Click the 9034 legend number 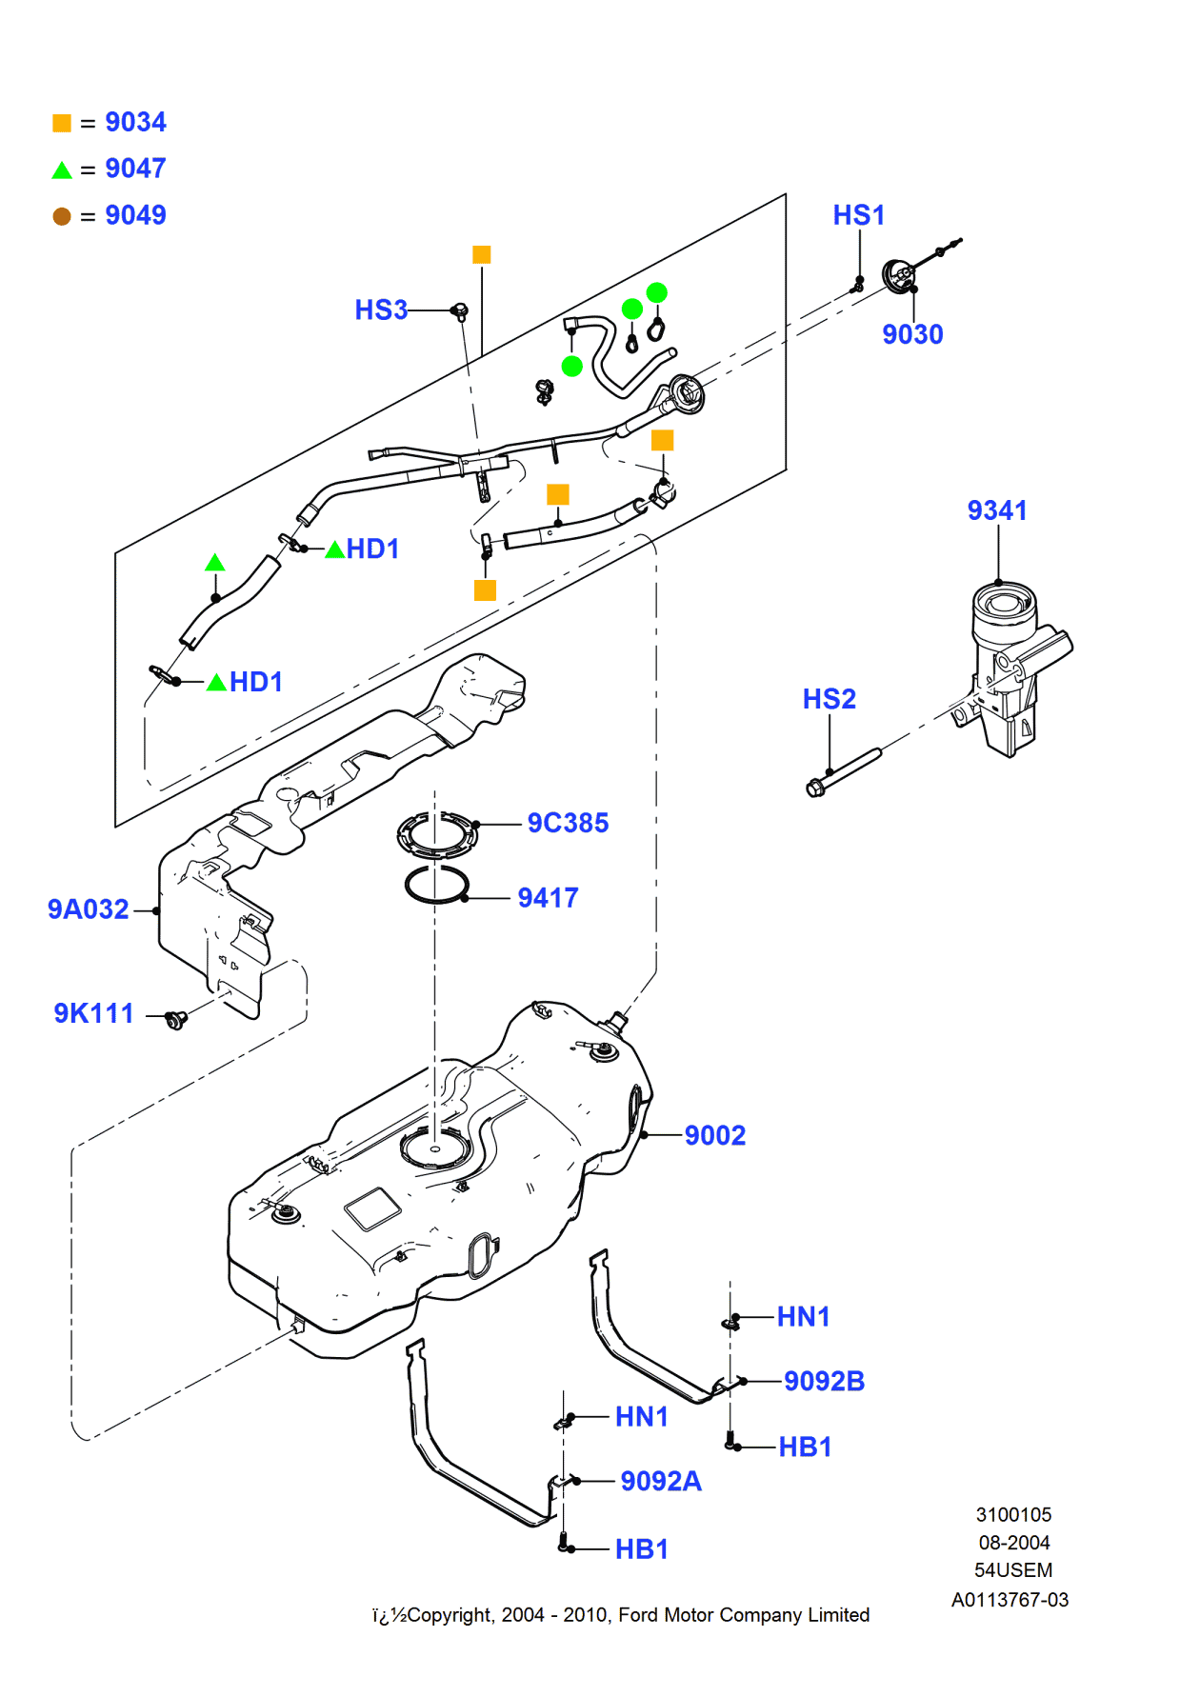click(135, 122)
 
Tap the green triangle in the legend click(62, 170)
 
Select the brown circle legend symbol click(62, 216)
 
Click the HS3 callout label click(380, 310)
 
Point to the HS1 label click(858, 215)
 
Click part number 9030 click(911, 334)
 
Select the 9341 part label click(996, 510)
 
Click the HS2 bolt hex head click(815, 789)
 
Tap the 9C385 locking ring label click(568, 823)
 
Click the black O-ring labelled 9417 click(436, 886)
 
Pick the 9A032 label click(88, 909)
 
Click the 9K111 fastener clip click(175, 1020)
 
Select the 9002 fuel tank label click(714, 1135)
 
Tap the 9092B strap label click(823, 1381)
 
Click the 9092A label click(660, 1481)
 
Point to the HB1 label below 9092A click(641, 1549)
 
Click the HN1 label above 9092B click(803, 1317)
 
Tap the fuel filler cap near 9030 click(897, 275)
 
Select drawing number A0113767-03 click(1010, 1600)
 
